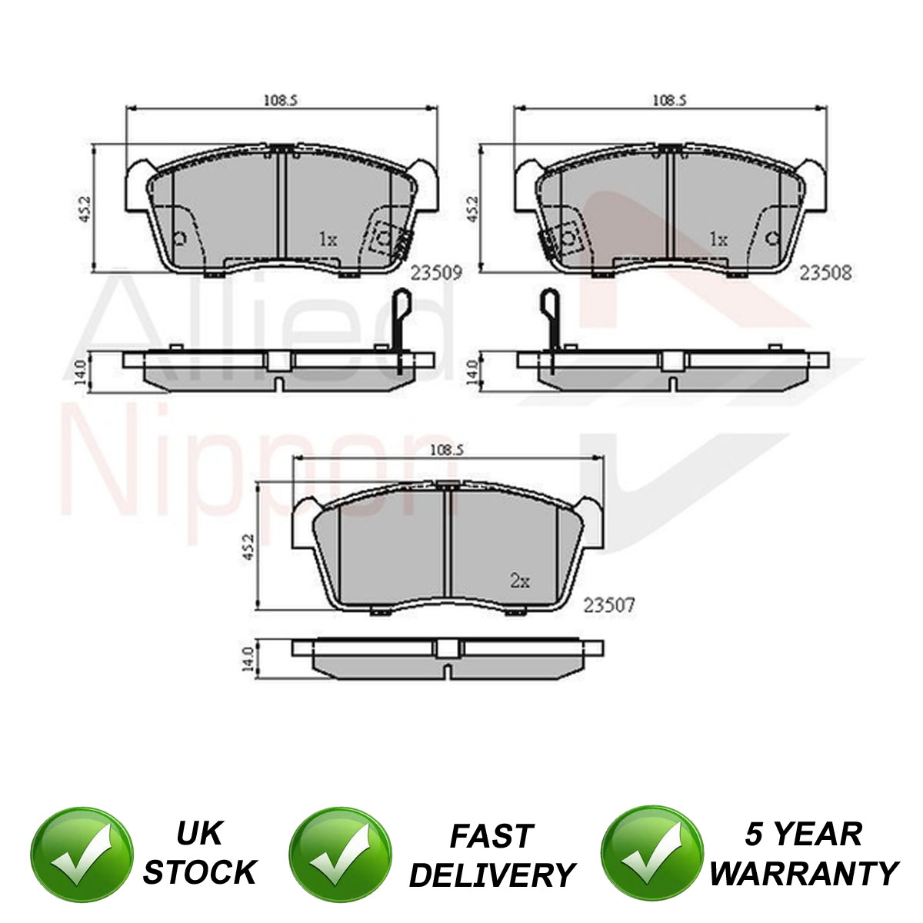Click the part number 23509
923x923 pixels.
tap(436, 273)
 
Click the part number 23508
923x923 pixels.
tap(826, 273)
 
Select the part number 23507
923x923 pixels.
tap(608, 605)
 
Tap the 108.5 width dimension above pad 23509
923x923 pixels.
tap(282, 100)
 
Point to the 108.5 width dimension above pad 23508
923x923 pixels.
tap(670, 100)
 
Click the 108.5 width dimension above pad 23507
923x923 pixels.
tap(448, 450)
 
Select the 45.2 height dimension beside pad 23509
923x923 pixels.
tap(85, 209)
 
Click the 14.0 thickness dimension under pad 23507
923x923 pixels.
tap(248, 659)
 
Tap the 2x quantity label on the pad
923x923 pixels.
tap(520, 581)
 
